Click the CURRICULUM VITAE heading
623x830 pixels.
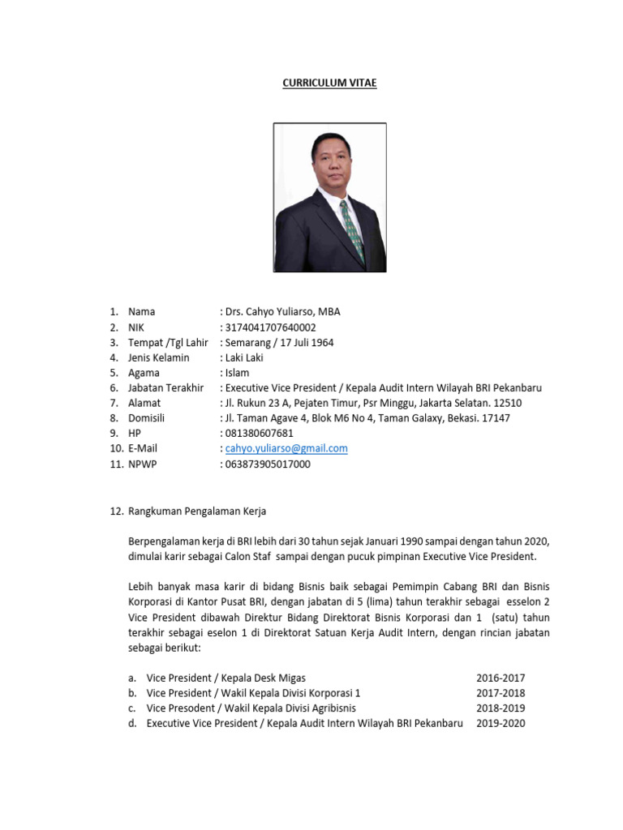(x=329, y=83)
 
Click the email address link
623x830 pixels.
(x=286, y=448)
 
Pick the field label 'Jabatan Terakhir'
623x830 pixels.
(x=165, y=388)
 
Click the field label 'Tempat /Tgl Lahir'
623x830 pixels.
(x=168, y=343)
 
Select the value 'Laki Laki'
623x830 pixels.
(x=244, y=357)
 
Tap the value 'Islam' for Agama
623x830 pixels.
(x=238, y=373)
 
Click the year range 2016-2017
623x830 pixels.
(x=501, y=678)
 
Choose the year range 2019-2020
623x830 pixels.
(x=501, y=723)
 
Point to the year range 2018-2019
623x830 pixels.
(x=501, y=708)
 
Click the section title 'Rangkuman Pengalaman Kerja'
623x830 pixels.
(x=197, y=511)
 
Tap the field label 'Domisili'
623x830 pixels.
(x=147, y=418)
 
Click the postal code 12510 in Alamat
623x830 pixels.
(x=507, y=403)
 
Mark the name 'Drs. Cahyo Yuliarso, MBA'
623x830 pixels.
(x=283, y=312)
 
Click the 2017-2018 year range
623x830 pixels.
(x=501, y=693)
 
